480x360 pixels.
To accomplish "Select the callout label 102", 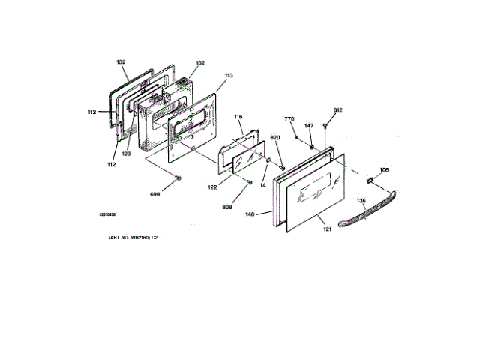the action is click(x=179, y=64).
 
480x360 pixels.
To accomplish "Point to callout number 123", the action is click(x=127, y=153).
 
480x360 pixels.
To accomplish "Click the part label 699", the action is click(x=155, y=194).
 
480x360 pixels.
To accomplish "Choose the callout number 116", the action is click(x=238, y=117).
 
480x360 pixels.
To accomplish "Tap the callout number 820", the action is click(x=274, y=138).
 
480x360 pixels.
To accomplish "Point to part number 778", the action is click(x=289, y=120).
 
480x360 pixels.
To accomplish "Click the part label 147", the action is click(x=308, y=126).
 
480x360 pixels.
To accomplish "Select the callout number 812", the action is click(x=338, y=110).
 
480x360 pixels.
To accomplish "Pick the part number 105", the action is click(x=384, y=170).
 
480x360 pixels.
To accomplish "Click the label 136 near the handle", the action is click(x=361, y=201).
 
